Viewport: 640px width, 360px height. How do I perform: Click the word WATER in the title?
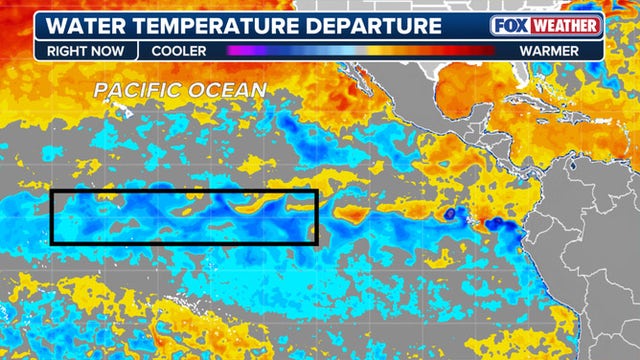[95, 25]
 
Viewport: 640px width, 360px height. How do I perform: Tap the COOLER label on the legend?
[179, 49]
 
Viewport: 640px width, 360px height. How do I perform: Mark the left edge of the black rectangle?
[52, 217]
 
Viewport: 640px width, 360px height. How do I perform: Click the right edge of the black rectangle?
[317, 217]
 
